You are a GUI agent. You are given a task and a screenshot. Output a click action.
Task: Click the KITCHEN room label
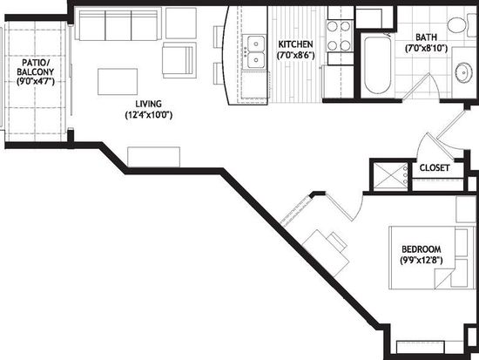coord(295,44)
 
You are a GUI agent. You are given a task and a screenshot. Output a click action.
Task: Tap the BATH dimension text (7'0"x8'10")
coord(426,48)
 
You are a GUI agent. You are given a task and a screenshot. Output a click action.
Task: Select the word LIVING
coord(149,104)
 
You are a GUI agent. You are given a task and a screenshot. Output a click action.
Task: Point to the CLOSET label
coord(435,168)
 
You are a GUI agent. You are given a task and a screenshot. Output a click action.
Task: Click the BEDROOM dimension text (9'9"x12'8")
coord(422,260)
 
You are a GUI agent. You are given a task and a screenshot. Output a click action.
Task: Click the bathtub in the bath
coord(378,65)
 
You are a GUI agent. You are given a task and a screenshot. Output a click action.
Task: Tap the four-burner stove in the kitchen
coord(340,36)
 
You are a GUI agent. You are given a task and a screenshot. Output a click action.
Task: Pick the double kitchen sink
coord(255,51)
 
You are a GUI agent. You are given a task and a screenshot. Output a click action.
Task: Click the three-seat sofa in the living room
coord(118,24)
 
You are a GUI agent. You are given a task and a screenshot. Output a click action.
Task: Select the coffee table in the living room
coord(118,82)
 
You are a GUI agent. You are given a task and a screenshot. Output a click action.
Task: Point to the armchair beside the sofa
coord(179,60)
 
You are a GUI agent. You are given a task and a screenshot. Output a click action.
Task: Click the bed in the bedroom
coord(432,257)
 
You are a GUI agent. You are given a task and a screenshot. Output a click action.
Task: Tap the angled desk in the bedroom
coord(326,254)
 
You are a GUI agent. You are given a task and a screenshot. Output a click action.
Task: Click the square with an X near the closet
coord(391,177)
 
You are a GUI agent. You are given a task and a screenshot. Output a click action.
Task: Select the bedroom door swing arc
coord(359,208)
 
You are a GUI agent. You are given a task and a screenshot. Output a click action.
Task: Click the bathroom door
coord(416,86)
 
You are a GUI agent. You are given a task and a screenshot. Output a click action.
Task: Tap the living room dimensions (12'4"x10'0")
coord(149,115)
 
